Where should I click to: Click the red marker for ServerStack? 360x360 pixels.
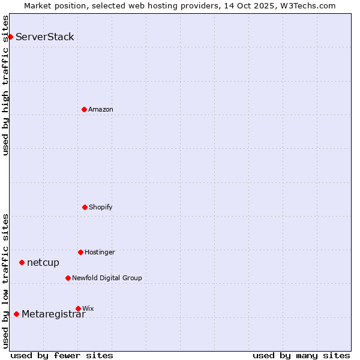10,37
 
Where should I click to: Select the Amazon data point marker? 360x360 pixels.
84,109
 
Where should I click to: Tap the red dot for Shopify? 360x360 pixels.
85,207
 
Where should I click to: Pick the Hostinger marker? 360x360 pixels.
80,252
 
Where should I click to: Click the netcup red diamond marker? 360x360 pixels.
22,262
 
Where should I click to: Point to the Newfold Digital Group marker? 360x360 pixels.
68,278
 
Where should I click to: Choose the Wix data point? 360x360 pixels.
78,308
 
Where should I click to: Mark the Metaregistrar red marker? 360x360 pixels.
16,314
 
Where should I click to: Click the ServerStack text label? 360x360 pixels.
45,37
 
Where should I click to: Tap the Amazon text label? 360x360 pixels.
101,109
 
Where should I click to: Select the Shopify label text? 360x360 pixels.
101,207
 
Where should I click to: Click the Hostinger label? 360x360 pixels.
100,252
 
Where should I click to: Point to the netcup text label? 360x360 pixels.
43,262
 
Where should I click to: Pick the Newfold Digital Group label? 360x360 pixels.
107,278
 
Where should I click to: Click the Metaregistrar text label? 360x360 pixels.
53,314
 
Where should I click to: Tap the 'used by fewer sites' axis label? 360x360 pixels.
62,355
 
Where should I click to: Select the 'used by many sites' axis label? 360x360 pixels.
301,355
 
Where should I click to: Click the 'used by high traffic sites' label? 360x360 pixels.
5,85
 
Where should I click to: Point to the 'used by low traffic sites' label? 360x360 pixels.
5,281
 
